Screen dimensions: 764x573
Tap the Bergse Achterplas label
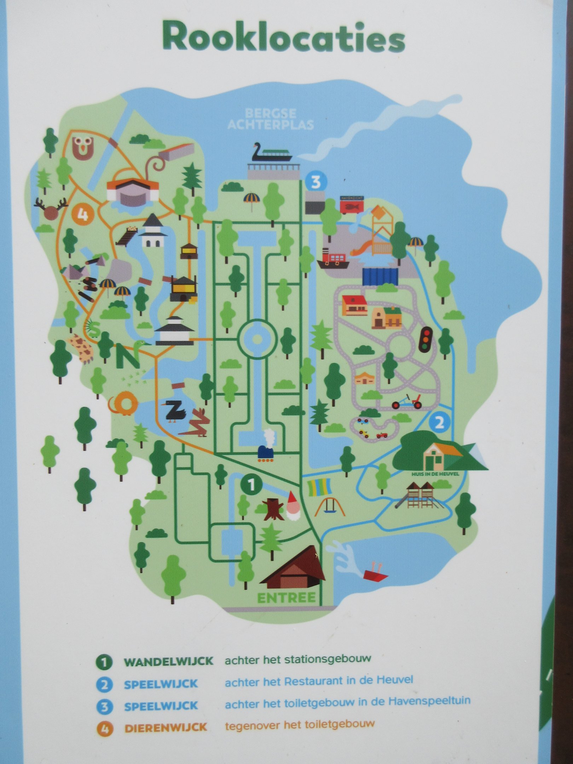271,119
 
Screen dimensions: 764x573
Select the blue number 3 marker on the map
316,182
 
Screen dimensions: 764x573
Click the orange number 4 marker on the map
82,214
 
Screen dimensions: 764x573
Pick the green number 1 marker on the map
251,485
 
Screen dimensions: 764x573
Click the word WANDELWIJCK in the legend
168,661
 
